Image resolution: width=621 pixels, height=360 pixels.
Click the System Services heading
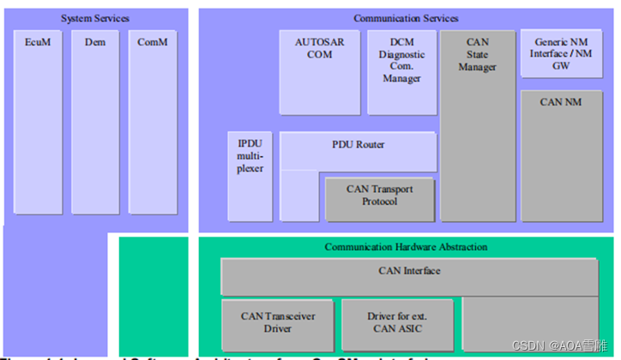pyautogui.click(x=94, y=18)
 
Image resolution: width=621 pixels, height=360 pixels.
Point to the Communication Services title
pyautogui.click(x=406, y=18)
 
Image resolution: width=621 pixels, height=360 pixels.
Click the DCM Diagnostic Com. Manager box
pyautogui.click(x=401, y=72)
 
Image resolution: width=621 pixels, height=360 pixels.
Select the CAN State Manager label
pyautogui.click(x=478, y=54)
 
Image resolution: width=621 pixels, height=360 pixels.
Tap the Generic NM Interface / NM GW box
pyautogui.click(x=561, y=53)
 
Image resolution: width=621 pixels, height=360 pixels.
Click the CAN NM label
pyautogui.click(x=561, y=102)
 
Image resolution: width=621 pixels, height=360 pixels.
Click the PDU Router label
pyautogui.click(x=358, y=145)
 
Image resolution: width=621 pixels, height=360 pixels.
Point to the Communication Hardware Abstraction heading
pyautogui.click(x=406, y=247)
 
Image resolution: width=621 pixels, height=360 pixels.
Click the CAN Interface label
pyautogui.click(x=409, y=272)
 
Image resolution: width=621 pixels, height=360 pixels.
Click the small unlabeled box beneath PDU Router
pyautogui.click(x=299, y=195)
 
